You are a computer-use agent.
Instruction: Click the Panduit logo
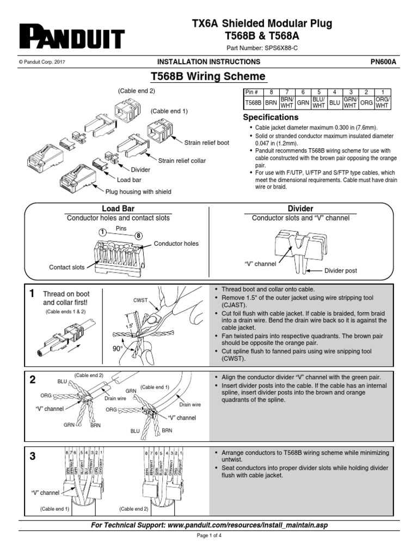click(x=72, y=38)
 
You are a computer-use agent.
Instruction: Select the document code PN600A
click(x=383, y=62)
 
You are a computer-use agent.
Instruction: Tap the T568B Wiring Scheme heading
click(x=208, y=76)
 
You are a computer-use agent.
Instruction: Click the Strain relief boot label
click(x=206, y=143)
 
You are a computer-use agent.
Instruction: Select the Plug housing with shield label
click(x=138, y=191)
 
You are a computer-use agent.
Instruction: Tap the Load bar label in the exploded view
click(x=129, y=179)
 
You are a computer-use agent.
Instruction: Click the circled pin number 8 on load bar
click(x=138, y=235)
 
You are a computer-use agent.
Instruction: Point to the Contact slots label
click(x=67, y=267)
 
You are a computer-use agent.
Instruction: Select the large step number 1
click(x=32, y=294)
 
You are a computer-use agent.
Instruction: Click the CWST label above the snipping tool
click(x=140, y=300)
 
